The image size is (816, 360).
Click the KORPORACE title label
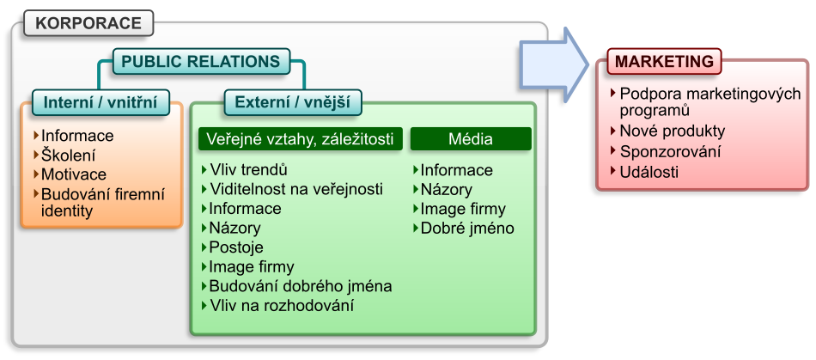(88, 23)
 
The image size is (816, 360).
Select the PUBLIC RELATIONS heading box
(200, 62)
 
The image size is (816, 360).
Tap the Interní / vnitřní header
(100, 103)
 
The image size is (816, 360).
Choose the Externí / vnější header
(292, 103)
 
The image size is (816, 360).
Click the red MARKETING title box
(664, 62)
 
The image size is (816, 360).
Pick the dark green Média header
(470, 138)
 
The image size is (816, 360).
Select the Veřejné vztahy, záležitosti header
(301, 138)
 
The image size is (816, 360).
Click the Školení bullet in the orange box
(68, 156)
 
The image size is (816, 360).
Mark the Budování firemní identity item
(101, 203)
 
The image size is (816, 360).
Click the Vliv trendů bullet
(248, 169)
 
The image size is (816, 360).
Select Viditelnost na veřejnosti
(295, 189)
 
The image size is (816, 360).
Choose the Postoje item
(236, 247)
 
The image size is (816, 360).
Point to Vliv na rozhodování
(281, 305)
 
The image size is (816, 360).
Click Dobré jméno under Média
(466, 229)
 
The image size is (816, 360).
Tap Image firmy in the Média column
(462, 209)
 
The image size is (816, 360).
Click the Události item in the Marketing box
(649, 171)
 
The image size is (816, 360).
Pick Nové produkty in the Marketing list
(672, 131)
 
